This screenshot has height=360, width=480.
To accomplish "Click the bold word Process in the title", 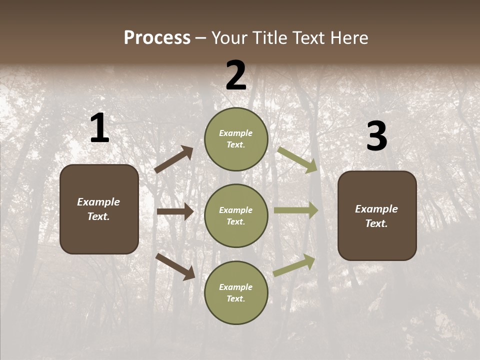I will point(157,38).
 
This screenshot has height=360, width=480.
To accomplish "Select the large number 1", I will point(99,128).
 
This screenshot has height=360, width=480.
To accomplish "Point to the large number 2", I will point(236,76).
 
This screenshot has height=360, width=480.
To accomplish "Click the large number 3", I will point(376,136).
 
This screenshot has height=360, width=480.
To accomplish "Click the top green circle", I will point(236,139).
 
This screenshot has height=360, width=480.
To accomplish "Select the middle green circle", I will point(236,215).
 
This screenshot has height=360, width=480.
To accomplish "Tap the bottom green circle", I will point(236,292).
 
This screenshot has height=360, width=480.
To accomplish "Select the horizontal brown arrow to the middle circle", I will point(175,211).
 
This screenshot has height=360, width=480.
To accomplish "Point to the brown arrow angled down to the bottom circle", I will point(175,266).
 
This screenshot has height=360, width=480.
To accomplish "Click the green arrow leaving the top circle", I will point(297,159).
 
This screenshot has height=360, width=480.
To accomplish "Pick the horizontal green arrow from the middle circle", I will point(296,210).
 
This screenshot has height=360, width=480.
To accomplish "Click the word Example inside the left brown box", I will point(98,202).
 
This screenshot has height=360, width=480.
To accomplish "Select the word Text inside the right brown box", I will point(375,223).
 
